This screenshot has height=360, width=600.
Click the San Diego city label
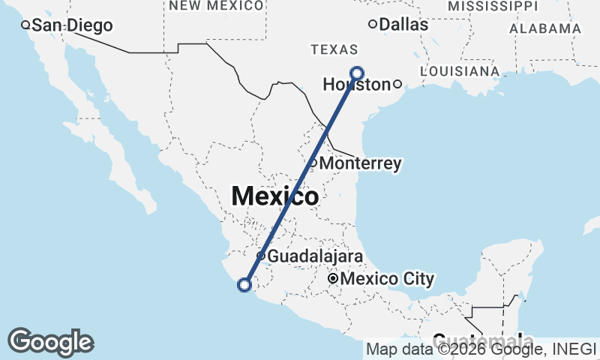point(72,25)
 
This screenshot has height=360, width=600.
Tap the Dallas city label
point(403,25)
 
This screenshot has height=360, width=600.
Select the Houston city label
point(357,85)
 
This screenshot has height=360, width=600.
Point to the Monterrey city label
point(361,163)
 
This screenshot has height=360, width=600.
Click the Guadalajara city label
point(315,256)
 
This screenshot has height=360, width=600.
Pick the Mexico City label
point(387,280)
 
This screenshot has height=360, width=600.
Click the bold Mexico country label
point(274,196)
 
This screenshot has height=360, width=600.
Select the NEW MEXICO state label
point(216,6)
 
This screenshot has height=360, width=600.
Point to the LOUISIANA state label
point(460,71)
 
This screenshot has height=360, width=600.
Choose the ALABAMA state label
point(545,28)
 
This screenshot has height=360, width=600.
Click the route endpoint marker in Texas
point(357,73)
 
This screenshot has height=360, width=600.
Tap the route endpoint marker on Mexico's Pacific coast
point(244,284)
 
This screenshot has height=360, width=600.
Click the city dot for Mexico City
point(332,280)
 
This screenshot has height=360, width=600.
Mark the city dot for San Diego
point(25,25)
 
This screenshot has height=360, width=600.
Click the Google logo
point(50,342)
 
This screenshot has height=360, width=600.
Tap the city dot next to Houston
point(397,84)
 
